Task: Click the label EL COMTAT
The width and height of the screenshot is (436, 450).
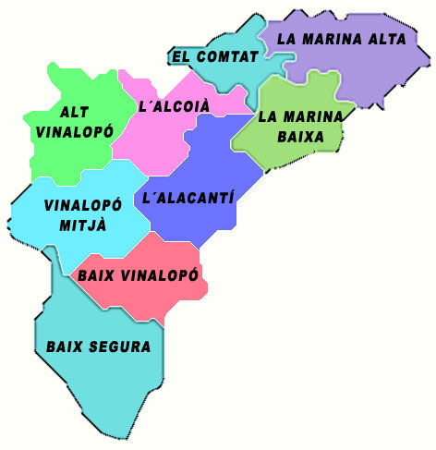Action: (214, 57)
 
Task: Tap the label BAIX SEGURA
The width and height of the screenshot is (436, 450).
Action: (98, 347)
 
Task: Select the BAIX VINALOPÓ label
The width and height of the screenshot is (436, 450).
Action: (139, 275)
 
